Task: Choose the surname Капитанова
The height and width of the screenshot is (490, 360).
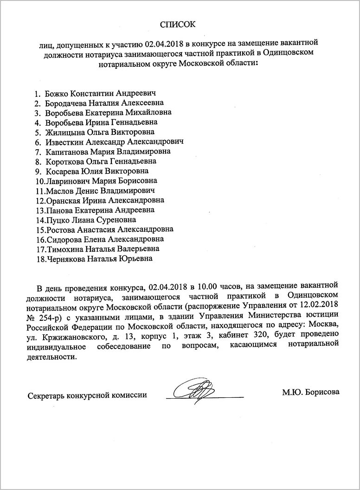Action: tap(67, 151)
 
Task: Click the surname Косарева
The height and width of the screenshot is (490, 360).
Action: tap(62, 171)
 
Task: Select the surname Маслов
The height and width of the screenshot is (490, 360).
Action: tap(58, 191)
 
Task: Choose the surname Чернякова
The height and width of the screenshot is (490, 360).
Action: tap(67, 259)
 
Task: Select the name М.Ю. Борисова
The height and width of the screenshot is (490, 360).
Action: tap(310, 392)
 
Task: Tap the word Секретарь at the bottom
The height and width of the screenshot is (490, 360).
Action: tap(46, 395)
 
